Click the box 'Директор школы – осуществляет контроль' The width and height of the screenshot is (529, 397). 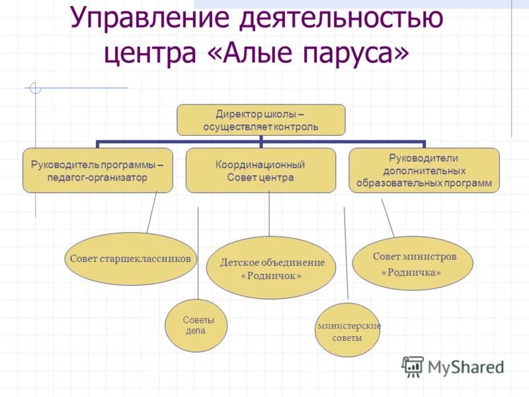click(x=261, y=120)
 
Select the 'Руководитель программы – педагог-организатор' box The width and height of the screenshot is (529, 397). click(x=98, y=170)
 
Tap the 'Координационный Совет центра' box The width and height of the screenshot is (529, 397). click(x=261, y=170)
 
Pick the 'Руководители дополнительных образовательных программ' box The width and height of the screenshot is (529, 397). click(x=424, y=170)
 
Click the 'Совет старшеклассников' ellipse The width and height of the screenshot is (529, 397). click(x=131, y=259)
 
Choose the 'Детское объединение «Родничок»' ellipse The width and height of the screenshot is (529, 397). click(x=272, y=267)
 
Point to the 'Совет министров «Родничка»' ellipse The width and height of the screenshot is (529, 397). click(x=413, y=263)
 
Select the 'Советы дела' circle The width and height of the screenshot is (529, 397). click(x=196, y=325)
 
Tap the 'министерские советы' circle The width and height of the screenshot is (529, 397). click(x=347, y=330)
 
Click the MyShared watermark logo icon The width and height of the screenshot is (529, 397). click(x=413, y=366)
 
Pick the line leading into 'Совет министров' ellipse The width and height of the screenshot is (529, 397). click(x=388, y=218)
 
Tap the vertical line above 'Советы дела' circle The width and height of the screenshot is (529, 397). click(x=198, y=251)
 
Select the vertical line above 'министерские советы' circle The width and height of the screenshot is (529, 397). click(x=346, y=255)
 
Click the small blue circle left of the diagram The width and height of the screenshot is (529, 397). click(x=35, y=87)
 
